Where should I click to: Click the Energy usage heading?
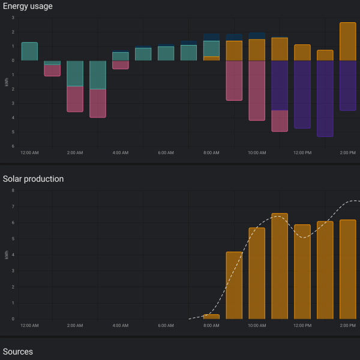(x=28, y=6)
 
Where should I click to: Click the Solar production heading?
(x=33, y=179)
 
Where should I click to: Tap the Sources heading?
(x=17, y=352)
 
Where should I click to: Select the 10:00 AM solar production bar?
(x=257, y=273)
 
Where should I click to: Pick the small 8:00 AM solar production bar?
(x=211, y=317)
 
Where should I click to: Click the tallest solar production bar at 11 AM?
(x=280, y=266)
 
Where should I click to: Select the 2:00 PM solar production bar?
(x=348, y=269)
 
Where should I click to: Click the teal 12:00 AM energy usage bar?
(x=29, y=52)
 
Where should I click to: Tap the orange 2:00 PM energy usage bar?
(x=348, y=41)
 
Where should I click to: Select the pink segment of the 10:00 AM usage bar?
(x=257, y=91)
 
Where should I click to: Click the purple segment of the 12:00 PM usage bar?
(x=302, y=94)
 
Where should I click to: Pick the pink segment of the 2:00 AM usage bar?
(x=75, y=99)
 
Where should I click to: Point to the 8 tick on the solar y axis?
(x=13, y=190)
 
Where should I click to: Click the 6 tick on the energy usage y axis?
(x=13, y=146)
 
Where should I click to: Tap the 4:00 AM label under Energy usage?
(x=121, y=152)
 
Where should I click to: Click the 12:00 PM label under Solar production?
(x=302, y=325)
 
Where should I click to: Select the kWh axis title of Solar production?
(x=7, y=255)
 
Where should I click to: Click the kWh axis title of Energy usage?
(x=7, y=82)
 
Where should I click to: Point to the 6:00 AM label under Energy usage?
(x=166, y=152)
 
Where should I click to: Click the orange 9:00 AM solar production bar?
(x=234, y=286)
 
